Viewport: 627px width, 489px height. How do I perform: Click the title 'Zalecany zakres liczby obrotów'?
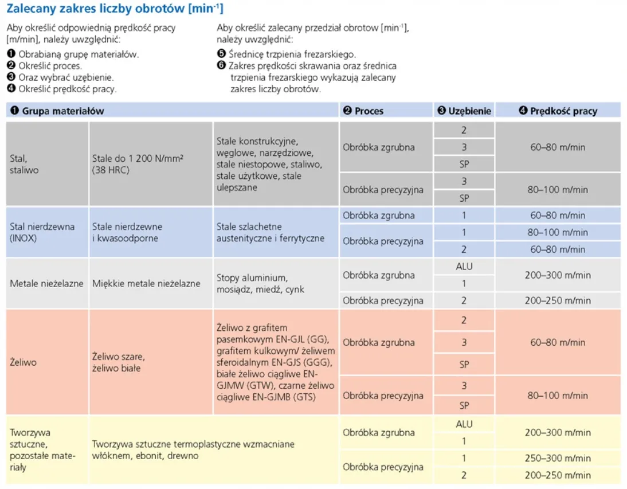[x=115, y=9]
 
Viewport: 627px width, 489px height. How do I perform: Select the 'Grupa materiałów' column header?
[x=63, y=111]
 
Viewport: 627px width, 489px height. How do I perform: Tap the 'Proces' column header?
[x=369, y=111]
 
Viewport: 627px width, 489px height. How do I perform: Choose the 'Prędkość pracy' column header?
[x=563, y=111]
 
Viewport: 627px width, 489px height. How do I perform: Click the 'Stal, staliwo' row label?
[x=24, y=164]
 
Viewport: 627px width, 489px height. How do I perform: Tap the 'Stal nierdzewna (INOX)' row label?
[x=42, y=232]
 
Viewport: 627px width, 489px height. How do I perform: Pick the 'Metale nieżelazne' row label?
[x=46, y=283]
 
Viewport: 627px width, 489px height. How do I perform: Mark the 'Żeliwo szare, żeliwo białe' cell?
[x=116, y=362]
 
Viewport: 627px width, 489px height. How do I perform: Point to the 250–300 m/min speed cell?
[x=558, y=458]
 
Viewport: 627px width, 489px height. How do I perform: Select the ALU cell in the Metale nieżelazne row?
[x=464, y=267]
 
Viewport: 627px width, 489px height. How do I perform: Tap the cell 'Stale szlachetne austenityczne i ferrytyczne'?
[x=270, y=232]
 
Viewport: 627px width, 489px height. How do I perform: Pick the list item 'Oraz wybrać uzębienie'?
[x=66, y=77]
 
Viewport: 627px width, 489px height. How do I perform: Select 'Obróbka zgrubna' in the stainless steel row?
[x=378, y=216]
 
